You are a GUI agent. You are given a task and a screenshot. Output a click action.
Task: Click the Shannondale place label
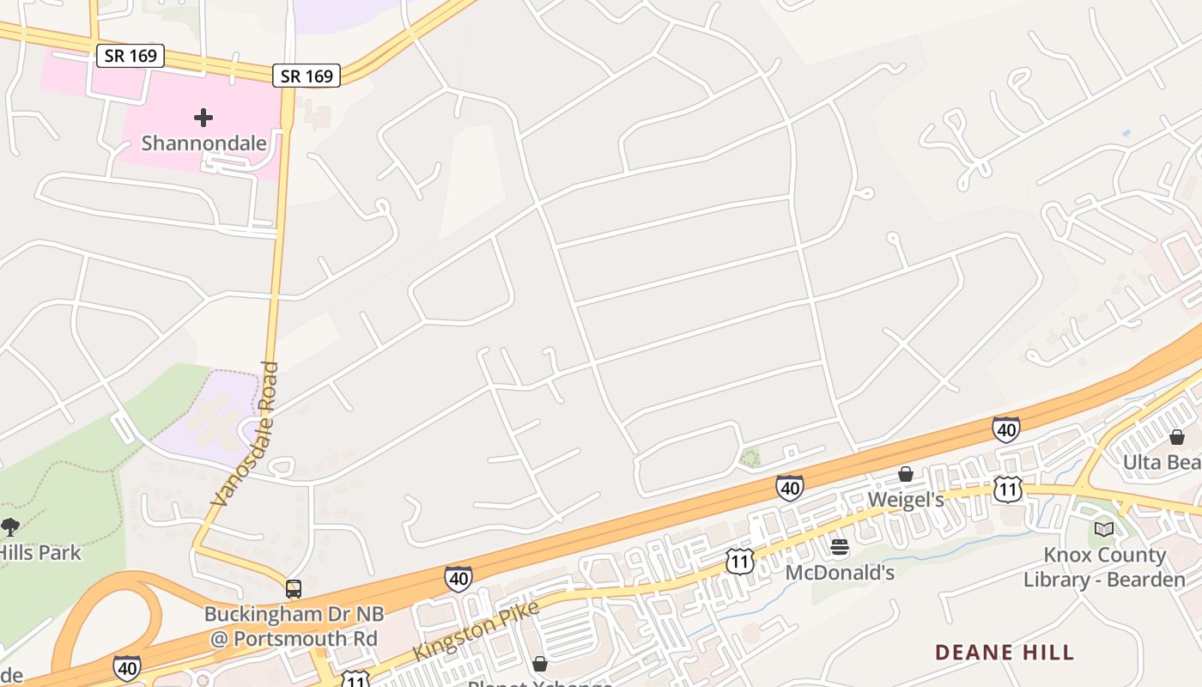pos(203,143)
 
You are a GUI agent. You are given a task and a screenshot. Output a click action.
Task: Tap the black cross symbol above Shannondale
pos(203,117)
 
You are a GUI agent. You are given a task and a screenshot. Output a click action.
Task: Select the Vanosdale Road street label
pos(247,434)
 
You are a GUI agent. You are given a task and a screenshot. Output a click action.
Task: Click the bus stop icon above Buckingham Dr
pos(294,589)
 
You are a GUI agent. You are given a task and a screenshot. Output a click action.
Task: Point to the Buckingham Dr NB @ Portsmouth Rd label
pos(294,627)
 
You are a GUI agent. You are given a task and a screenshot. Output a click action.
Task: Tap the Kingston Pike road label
pos(477,630)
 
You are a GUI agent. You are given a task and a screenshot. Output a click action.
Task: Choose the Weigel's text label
pos(906,500)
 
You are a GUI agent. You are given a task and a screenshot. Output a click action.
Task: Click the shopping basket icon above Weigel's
pos(906,474)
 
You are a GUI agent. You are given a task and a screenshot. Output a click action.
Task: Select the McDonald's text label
pos(840,572)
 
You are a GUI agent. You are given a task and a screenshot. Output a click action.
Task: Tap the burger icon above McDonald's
pos(840,547)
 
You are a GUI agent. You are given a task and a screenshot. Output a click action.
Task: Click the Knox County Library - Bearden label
pos(1104,567)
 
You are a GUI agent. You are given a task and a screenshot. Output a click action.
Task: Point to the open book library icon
pos(1104,529)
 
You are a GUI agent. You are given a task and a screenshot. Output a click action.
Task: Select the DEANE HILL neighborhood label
pos(1005,653)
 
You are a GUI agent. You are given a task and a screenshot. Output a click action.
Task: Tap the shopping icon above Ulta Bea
pos(1177,437)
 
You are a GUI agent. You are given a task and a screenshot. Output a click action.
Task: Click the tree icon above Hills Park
pos(10,526)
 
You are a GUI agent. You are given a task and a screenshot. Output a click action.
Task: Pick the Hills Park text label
pos(40,552)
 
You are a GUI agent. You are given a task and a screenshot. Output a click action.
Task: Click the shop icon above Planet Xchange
pos(540,664)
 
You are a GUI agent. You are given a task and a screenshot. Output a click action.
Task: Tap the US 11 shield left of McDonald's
pos(739,562)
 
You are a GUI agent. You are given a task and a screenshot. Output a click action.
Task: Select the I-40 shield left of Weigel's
pos(790,488)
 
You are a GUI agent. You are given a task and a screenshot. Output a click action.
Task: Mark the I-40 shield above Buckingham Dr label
pos(458,578)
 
